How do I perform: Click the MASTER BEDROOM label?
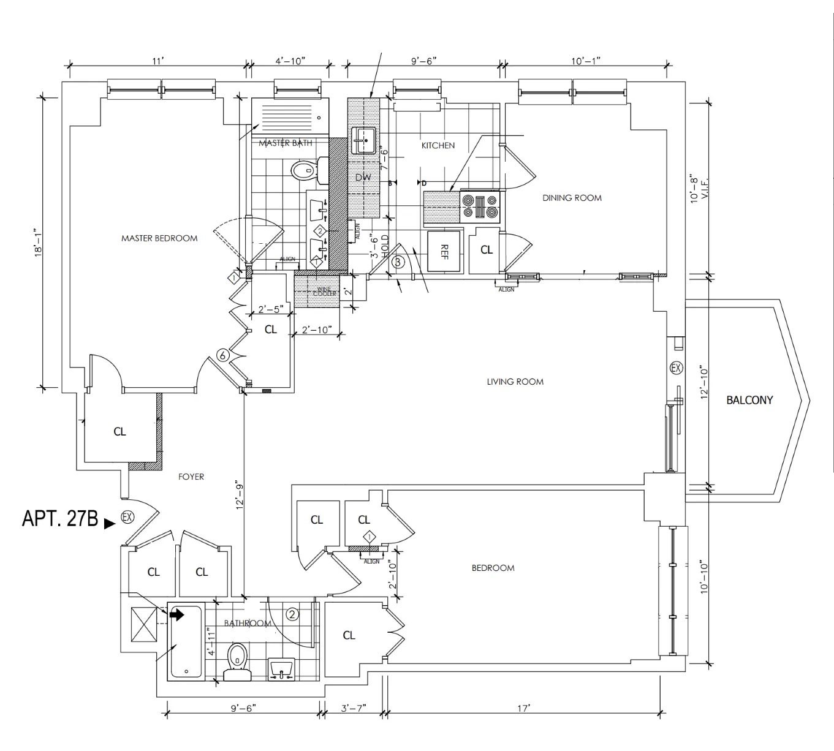159,238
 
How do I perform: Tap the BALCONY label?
749,400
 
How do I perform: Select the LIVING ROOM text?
515,382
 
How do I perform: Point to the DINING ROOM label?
572,198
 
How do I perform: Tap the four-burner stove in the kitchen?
481,206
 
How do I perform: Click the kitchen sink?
365,140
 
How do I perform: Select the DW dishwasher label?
363,178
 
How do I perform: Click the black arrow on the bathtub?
177,614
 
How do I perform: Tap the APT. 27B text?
60,519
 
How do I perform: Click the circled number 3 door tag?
398,262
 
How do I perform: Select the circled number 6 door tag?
224,355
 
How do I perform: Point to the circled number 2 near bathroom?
292,614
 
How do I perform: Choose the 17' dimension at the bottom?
523,708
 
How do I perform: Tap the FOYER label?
191,477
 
